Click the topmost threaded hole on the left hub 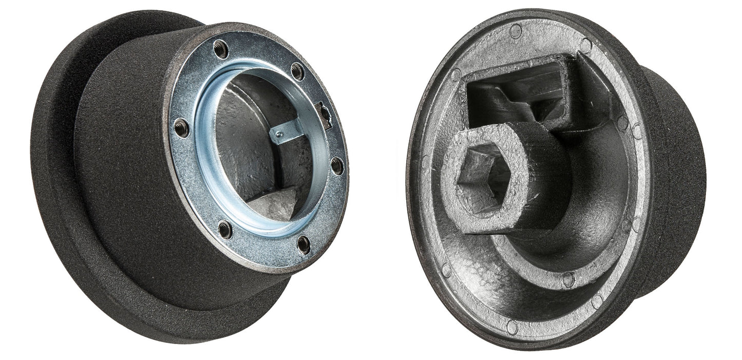[x=220, y=49]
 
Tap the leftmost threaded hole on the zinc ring [x=181, y=127]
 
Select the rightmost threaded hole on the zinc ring [x=337, y=166]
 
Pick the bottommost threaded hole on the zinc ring [x=304, y=244]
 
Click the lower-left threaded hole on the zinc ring [x=225, y=229]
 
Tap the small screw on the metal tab [x=278, y=135]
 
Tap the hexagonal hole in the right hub [x=483, y=177]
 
